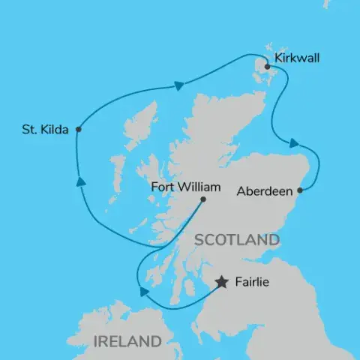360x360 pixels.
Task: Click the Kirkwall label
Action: pyautogui.click(x=298, y=57)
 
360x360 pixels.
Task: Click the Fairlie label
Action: pyautogui.click(x=250, y=283)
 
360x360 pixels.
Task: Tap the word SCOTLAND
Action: pyautogui.click(x=236, y=241)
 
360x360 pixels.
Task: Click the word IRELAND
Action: pyautogui.click(x=127, y=342)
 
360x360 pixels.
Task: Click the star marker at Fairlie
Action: pyautogui.click(x=222, y=283)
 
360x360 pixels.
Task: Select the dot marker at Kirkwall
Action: pyautogui.click(x=267, y=64)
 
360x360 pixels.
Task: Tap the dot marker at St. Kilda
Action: pyautogui.click(x=79, y=130)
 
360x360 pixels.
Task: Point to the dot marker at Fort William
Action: pyautogui.click(x=203, y=199)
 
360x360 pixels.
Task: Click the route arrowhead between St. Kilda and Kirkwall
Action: pyautogui.click(x=179, y=85)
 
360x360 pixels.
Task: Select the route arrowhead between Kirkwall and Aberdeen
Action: pyautogui.click(x=295, y=143)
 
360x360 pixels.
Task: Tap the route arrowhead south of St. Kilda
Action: pyautogui.click(x=78, y=180)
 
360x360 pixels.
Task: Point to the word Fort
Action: pyautogui.click(x=162, y=187)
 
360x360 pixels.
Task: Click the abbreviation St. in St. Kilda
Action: pyautogui.click(x=28, y=130)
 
